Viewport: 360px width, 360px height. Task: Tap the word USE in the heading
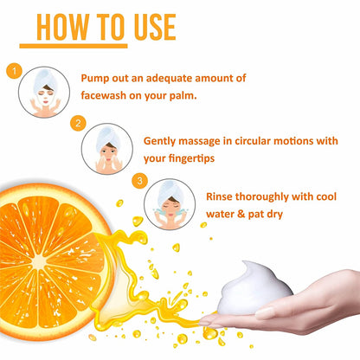(155, 27)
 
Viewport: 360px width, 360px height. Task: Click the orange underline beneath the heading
(74, 46)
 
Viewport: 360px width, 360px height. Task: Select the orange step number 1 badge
(14, 71)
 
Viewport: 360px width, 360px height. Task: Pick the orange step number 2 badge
(78, 123)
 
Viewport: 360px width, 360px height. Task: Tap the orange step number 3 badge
(139, 181)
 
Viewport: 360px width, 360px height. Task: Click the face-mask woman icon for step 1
(44, 93)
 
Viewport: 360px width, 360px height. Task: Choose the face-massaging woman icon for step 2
(107, 149)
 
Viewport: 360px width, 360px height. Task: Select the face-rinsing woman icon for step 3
(170, 204)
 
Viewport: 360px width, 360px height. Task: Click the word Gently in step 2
(159, 142)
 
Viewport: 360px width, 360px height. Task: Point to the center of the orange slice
(38, 262)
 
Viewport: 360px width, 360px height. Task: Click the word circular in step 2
(252, 141)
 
